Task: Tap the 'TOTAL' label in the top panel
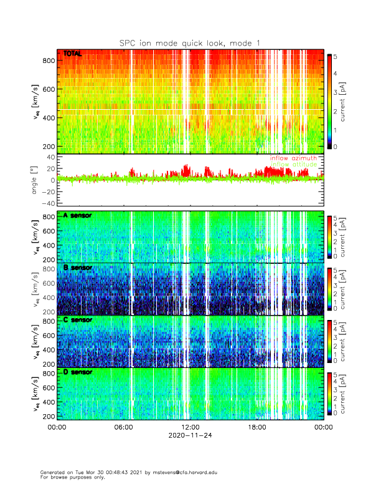tap(73, 54)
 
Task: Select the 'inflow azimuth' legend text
tap(293, 158)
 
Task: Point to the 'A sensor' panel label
tap(78, 216)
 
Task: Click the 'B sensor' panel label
tap(78, 268)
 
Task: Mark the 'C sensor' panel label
tap(78, 320)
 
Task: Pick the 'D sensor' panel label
tap(78, 372)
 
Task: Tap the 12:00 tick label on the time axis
tap(190, 427)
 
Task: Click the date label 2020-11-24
tap(190, 436)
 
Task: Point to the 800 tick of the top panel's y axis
tap(47, 61)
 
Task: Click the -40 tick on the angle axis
tap(45, 203)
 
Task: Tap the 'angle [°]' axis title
tap(35, 180)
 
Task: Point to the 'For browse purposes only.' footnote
tap(72, 477)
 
